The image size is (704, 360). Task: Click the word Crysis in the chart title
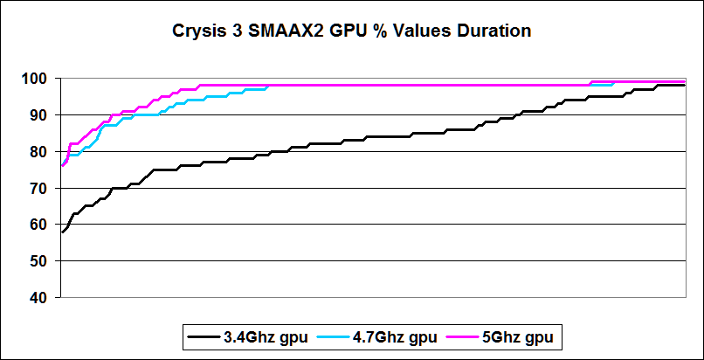[x=199, y=31]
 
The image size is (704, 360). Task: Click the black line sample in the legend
[x=202, y=336]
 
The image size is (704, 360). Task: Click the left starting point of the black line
[x=61, y=232]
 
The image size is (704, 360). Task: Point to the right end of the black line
[x=684, y=86]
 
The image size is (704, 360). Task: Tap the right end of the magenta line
[x=684, y=81]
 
